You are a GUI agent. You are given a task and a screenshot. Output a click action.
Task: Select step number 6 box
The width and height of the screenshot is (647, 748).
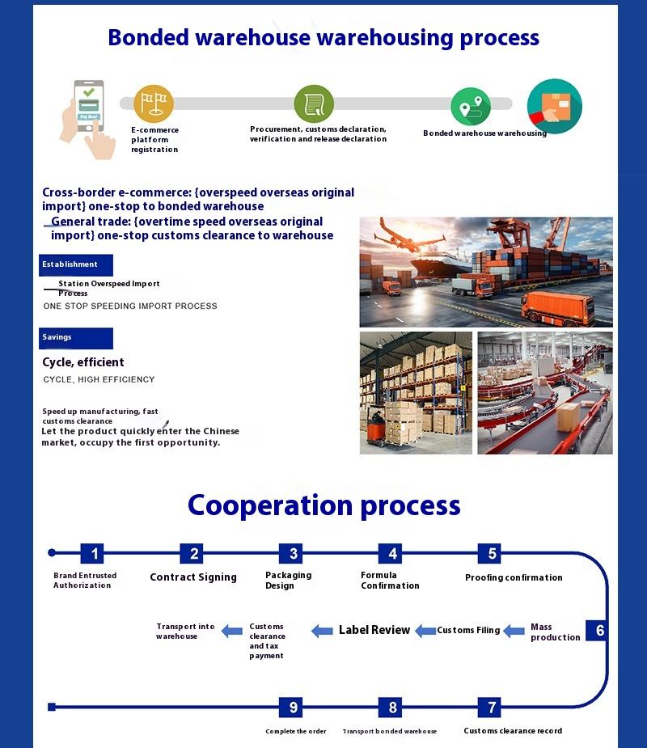[599, 631]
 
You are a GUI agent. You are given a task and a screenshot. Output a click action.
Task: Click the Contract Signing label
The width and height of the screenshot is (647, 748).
[193, 577]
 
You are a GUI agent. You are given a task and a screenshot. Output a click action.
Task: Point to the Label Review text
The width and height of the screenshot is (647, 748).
[374, 630]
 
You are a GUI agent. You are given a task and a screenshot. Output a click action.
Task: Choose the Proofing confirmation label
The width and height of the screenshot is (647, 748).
[514, 577]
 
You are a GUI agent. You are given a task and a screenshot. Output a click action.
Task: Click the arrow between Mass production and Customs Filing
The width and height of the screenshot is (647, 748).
[514, 631]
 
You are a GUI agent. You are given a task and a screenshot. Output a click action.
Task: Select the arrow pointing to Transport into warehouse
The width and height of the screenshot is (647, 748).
[232, 631]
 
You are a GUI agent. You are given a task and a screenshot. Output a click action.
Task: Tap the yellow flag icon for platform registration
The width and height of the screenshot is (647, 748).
[154, 104]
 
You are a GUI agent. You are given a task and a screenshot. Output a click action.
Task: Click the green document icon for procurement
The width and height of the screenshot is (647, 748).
[314, 104]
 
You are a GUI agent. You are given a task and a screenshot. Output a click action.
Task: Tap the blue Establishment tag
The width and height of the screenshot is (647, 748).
[75, 264]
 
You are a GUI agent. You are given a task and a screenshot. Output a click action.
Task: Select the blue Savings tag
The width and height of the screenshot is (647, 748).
[75, 337]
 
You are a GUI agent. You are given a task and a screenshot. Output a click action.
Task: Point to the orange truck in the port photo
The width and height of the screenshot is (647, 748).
[558, 308]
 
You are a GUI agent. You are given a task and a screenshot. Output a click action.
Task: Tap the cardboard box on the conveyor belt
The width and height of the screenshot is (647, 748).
[569, 416]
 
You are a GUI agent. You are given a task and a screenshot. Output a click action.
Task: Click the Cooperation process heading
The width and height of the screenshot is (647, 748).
[323, 505]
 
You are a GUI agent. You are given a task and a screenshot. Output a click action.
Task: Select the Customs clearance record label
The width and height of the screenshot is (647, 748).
[513, 731]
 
